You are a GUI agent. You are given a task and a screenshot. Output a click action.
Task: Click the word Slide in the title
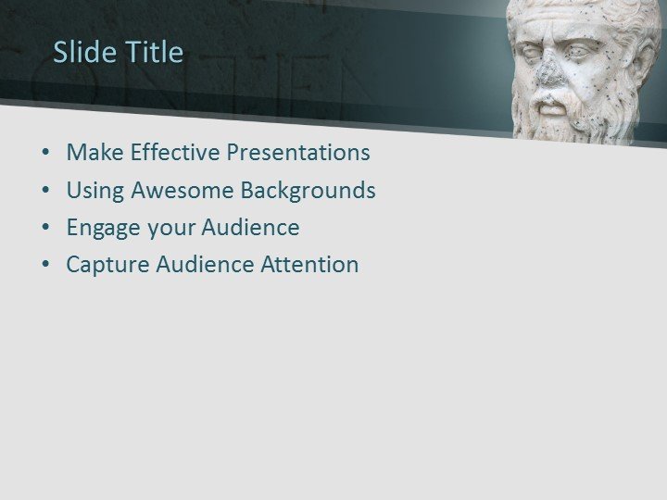(x=79, y=52)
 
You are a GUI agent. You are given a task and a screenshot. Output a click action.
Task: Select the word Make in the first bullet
(x=94, y=153)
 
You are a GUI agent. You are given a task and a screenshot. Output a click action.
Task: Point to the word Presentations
(x=297, y=153)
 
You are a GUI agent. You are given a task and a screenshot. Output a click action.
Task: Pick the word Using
(x=95, y=191)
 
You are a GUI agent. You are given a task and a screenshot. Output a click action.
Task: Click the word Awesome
(x=182, y=191)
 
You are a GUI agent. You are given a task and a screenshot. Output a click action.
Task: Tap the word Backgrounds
(x=308, y=191)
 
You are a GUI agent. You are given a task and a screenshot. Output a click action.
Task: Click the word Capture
(x=107, y=265)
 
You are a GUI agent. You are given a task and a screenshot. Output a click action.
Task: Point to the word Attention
(x=309, y=265)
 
